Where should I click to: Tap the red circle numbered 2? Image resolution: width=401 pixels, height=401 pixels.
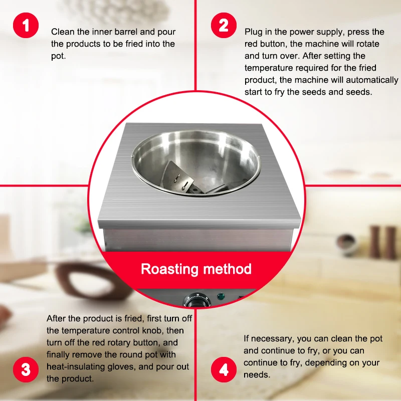(x=224, y=26)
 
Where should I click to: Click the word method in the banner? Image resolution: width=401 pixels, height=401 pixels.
(x=228, y=269)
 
